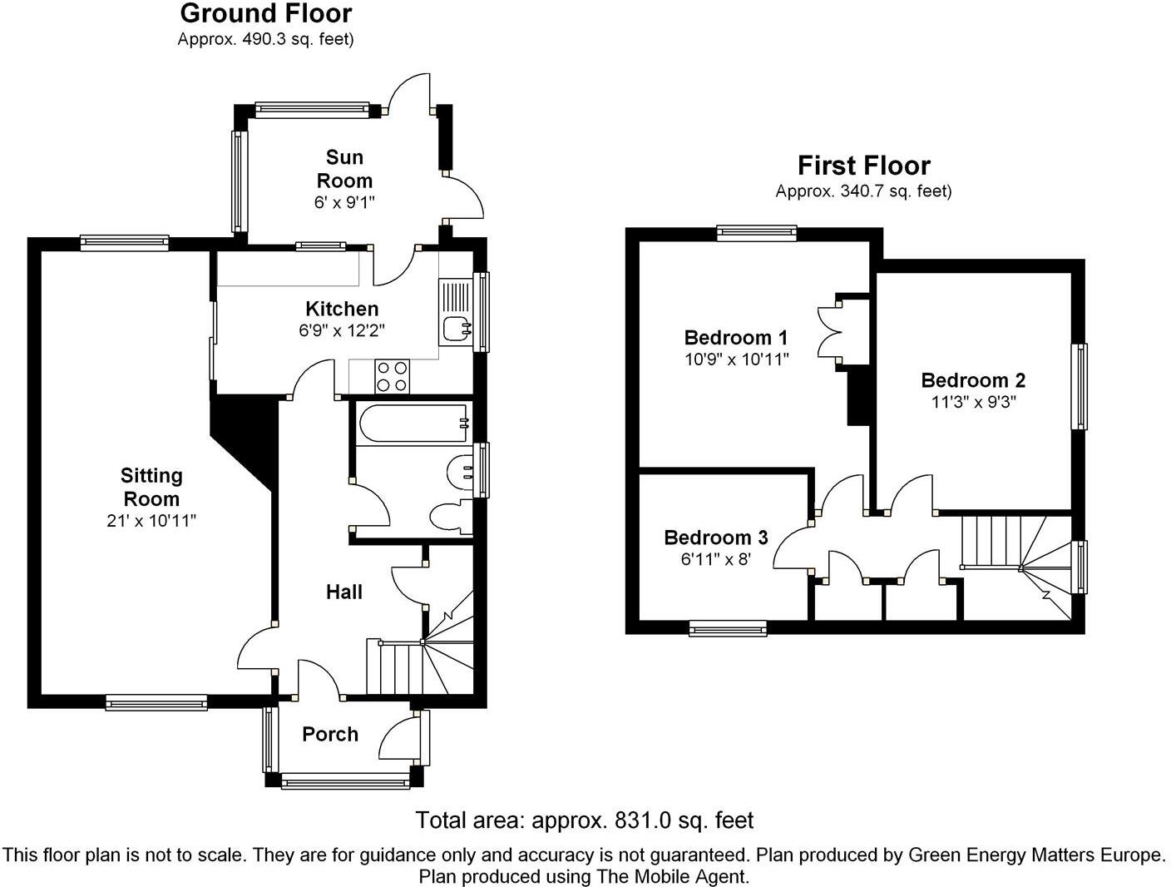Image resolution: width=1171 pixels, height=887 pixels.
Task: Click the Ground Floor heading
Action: (266, 13)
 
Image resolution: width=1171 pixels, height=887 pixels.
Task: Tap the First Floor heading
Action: (863, 165)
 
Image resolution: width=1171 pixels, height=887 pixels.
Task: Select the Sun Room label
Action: (344, 169)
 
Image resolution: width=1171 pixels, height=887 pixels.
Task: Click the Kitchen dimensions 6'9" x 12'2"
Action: (342, 330)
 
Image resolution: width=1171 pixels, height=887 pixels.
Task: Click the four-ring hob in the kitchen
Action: (393, 375)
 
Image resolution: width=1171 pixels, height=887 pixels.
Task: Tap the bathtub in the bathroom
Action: (413, 424)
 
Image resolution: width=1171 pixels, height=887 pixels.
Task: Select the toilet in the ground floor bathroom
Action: (450, 517)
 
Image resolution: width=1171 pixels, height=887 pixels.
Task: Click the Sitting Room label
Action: (151, 487)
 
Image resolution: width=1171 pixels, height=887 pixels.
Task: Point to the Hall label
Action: (343, 592)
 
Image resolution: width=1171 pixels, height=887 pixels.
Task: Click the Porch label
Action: (330, 734)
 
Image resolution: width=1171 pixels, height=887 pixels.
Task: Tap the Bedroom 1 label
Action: (735, 337)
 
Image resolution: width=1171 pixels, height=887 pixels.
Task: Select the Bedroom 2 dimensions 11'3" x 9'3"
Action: (973, 401)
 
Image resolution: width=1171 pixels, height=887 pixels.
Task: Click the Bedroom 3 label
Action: (715, 538)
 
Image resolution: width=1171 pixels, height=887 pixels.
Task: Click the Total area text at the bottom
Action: (584, 820)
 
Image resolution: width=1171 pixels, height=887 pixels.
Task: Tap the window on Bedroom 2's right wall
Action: (1079, 387)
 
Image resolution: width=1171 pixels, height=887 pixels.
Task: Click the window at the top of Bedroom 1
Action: (756, 233)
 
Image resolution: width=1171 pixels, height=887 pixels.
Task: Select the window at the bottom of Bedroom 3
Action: (728, 628)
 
